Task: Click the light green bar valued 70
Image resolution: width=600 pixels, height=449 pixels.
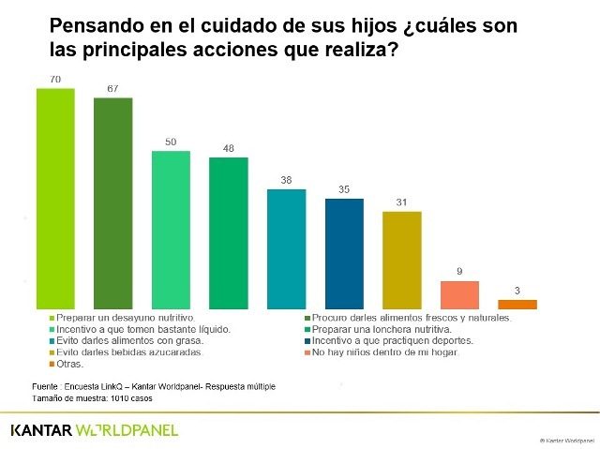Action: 55,199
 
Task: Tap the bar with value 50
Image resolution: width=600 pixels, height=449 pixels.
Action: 171,230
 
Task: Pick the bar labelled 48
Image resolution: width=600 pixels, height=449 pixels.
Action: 229,232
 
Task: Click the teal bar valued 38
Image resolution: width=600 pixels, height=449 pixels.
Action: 287,248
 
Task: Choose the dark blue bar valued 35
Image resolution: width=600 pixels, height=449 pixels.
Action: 344,253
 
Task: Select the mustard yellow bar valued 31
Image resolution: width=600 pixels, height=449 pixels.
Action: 402,260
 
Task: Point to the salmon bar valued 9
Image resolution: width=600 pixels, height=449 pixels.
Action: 460,294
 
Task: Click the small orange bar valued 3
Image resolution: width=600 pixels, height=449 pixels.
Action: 517,304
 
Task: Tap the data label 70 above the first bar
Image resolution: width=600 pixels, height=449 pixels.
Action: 55,81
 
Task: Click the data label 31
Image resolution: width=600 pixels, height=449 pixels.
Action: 402,203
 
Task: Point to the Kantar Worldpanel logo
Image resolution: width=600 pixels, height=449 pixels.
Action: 93,430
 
